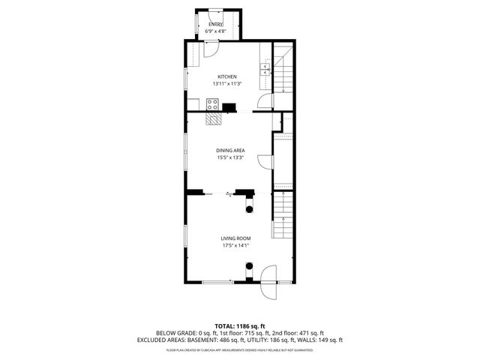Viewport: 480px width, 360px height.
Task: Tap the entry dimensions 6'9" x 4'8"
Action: [x=216, y=31]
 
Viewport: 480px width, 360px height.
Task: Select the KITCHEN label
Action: [x=227, y=76]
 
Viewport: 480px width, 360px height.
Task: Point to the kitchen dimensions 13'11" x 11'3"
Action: [x=227, y=83]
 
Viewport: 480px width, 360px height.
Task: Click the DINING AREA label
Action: [x=230, y=150]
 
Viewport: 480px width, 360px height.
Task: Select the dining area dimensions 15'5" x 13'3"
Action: [x=230, y=157]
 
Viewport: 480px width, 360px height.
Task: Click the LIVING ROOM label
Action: [x=235, y=238]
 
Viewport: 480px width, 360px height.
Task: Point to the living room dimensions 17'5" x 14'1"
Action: [x=235, y=245]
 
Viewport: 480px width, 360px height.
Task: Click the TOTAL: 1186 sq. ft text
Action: [x=239, y=325]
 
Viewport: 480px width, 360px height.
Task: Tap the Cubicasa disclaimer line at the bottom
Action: [x=239, y=349]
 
